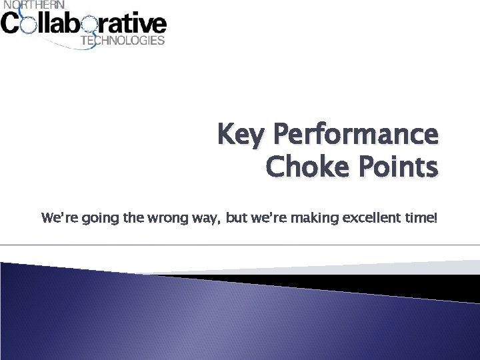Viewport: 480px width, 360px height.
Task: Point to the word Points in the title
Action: pyautogui.click(x=399, y=167)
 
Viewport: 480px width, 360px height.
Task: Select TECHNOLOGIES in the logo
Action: pyautogui.click(x=122, y=40)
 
